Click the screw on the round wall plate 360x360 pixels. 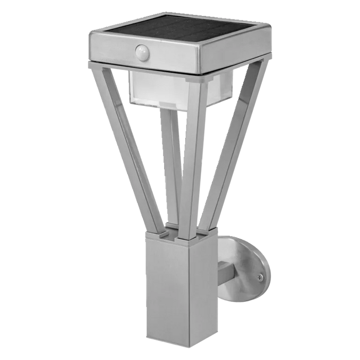click(x=260, y=277)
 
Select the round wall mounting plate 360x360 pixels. click(x=247, y=267)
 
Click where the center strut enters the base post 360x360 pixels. click(x=185, y=237)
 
